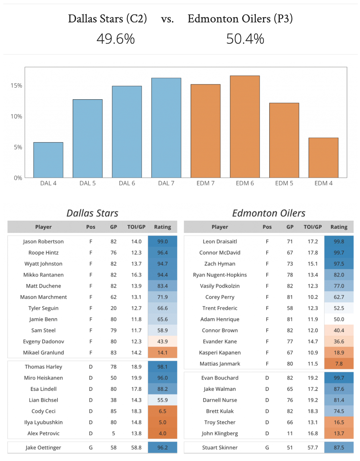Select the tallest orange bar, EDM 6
245,127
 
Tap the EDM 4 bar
323,158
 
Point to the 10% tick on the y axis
16,116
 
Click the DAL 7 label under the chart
166,183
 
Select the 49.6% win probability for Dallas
116,39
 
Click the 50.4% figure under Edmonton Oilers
245,39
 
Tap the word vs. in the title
168,19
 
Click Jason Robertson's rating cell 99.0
162,242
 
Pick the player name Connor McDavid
220,253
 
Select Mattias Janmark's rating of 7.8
339,364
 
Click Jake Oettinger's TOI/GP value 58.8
136,448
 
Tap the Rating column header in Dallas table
162,227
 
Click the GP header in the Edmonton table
290,227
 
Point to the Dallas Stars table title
92,213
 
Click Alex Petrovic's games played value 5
113,433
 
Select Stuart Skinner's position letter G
267,448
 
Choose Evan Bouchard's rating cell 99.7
339,378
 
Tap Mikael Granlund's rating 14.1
162,352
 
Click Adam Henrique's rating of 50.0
339,319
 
